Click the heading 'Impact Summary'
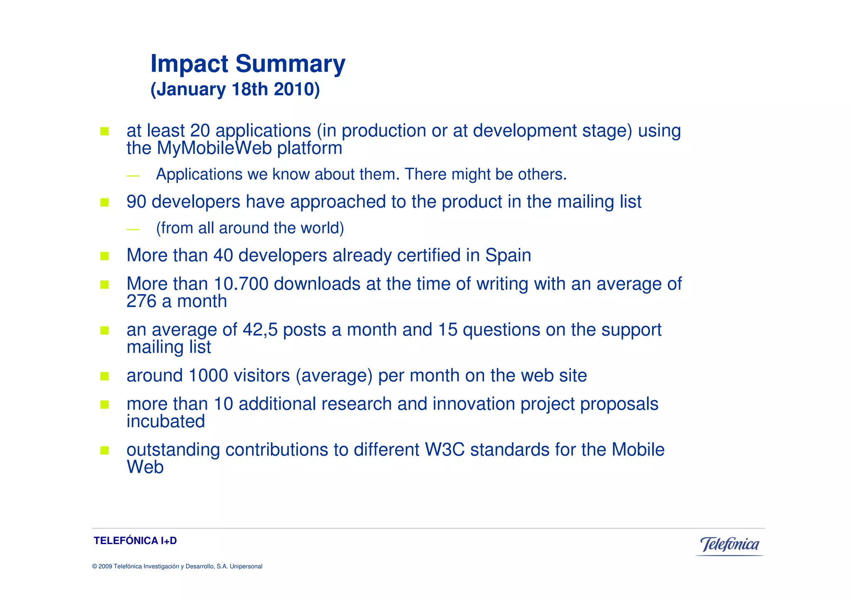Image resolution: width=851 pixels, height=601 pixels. coord(248,64)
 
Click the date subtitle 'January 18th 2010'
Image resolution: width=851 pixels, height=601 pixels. coord(235,90)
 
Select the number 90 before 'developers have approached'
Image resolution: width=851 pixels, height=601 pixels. coord(136,202)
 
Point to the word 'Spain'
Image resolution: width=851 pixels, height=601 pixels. coord(508,255)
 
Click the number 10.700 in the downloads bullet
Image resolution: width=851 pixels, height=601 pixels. coord(241,284)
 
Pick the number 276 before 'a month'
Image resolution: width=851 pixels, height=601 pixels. coord(141,302)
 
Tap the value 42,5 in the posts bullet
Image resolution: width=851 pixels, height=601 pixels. coord(260,330)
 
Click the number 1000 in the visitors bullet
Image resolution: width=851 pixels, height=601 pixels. coord(208,375)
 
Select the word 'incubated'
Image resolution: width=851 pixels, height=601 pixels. coord(166,422)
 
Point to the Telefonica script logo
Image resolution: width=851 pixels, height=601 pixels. coord(730,545)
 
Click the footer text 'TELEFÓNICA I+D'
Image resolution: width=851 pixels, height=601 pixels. coord(135,541)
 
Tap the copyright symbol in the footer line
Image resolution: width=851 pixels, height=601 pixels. coord(94,567)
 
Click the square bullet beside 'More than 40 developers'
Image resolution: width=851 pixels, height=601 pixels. coord(104,256)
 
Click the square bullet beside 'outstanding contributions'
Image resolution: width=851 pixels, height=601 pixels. coord(104,450)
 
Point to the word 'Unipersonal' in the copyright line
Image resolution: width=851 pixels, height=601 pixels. coord(246,567)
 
